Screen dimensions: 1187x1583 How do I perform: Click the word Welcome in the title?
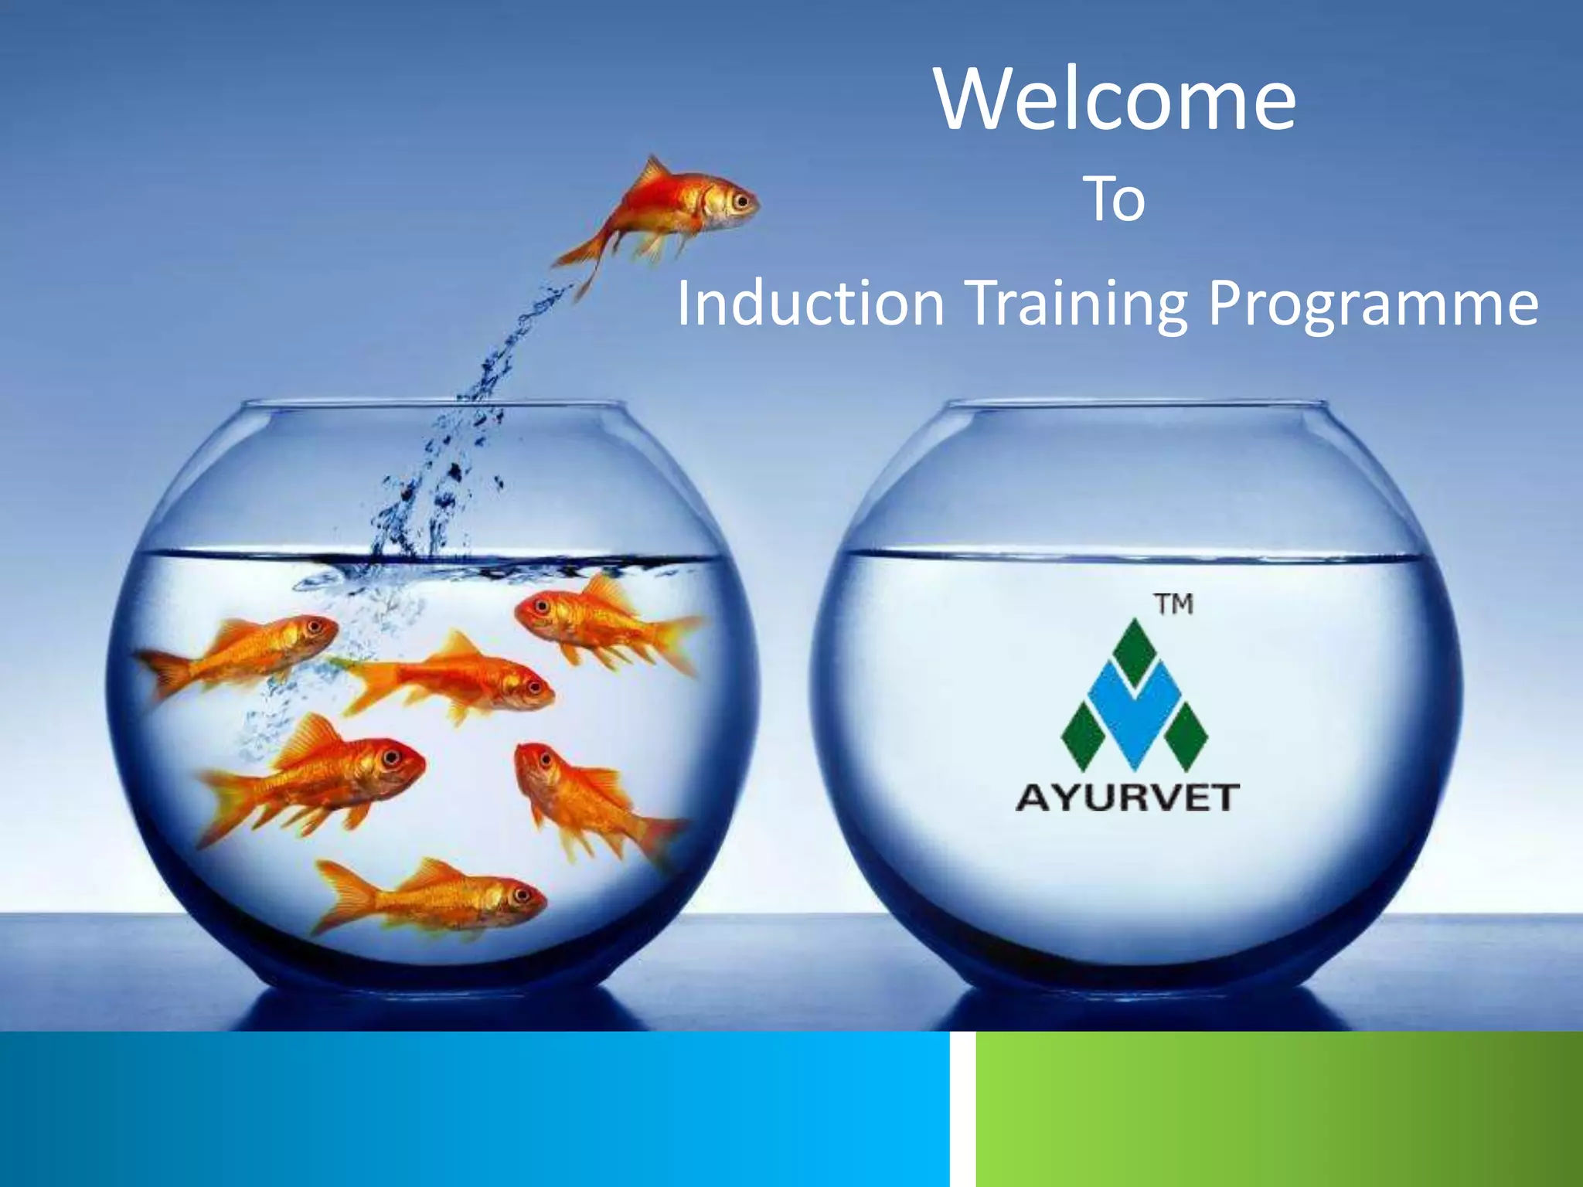point(1115,101)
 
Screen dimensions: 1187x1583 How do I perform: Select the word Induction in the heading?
point(811,303)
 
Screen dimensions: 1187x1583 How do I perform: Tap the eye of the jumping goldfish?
point(743,203)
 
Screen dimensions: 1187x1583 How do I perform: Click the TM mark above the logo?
point(1174,604)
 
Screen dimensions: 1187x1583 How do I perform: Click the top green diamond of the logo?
point(1134,649)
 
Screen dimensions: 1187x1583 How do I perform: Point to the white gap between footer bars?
point(963,1109)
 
